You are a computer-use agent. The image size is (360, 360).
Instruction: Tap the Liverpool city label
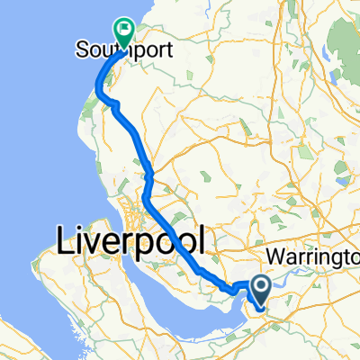point(130,240)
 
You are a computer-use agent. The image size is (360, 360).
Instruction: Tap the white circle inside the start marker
point(262,285)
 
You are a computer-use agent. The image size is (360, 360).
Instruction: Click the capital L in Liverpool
point(66,240)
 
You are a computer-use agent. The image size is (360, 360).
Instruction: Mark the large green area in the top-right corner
point(337,40)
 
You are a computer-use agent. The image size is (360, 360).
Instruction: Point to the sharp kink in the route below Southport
point(116,106)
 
